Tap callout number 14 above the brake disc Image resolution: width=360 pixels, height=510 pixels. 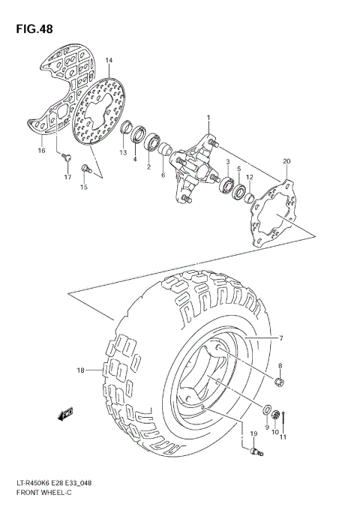pos(109,61)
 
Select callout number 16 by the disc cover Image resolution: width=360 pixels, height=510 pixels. pos(42,151)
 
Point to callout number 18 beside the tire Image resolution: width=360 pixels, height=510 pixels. pos(81,370)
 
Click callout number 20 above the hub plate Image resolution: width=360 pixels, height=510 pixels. pos(285,161)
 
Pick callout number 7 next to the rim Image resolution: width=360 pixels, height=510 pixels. pos(281,339)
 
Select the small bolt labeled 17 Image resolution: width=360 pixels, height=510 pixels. pos(67,157)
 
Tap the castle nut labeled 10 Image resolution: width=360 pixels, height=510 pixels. pos(275,413)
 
